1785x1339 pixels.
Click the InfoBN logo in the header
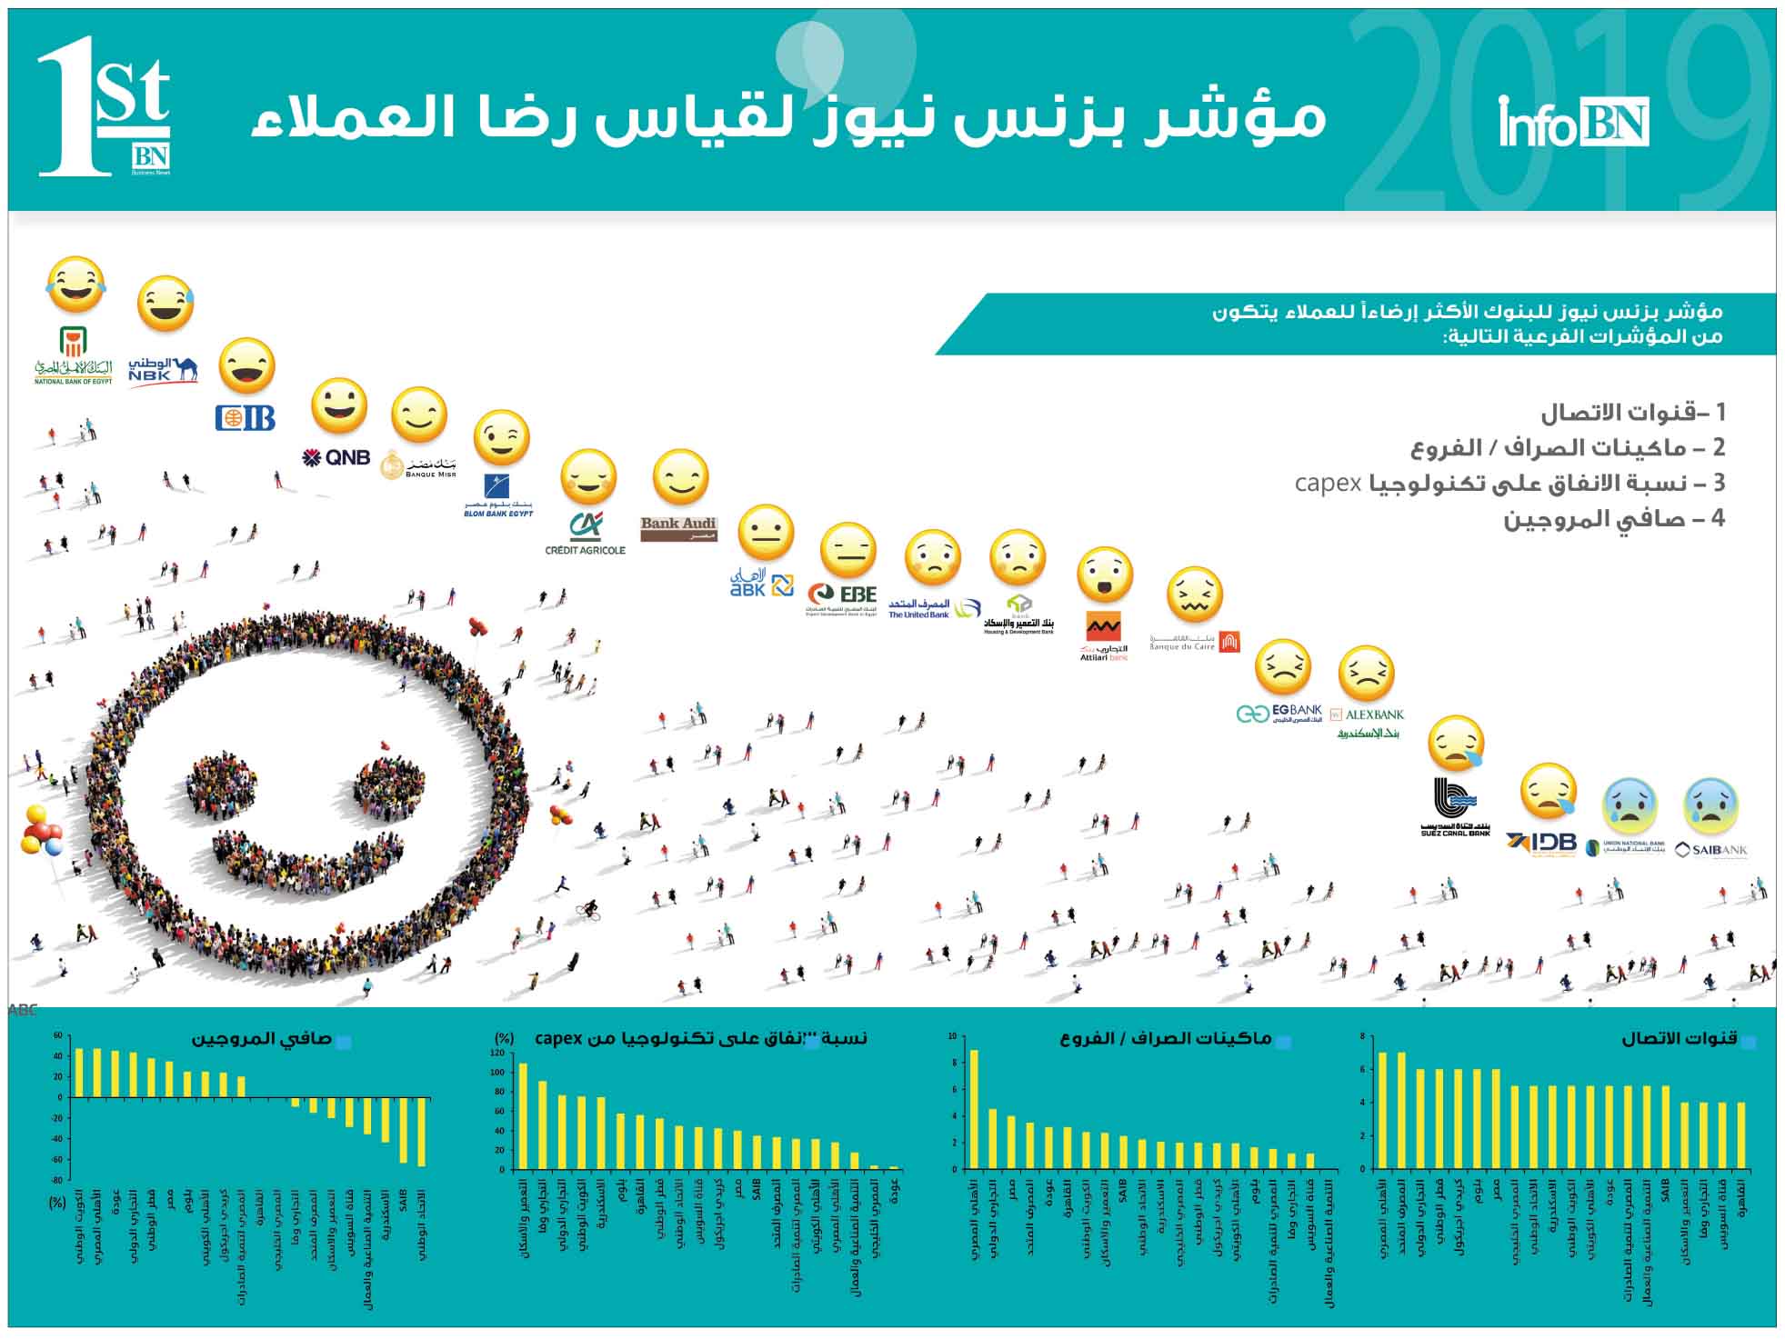tap(1573, 123)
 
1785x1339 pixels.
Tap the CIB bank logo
tap(246, 417)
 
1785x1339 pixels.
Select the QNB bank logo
tap(336, 457)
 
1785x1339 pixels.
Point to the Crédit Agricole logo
tap(585, 535)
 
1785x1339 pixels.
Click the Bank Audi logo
tap(678, 528)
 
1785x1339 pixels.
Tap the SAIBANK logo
tap(1710, 851)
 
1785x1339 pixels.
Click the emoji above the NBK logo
tap(165, 304)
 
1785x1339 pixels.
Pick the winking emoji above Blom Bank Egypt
tap(501, 437)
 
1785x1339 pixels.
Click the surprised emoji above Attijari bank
tap(1105, 575)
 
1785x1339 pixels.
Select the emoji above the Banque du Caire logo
tap(1194, 595)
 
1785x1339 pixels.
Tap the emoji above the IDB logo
tap(1549, 792)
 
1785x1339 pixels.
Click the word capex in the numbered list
tap(1328, 483)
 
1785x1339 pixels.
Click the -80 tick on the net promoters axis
tap(56, 1180)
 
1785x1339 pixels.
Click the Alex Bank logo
tap(1367, 723)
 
